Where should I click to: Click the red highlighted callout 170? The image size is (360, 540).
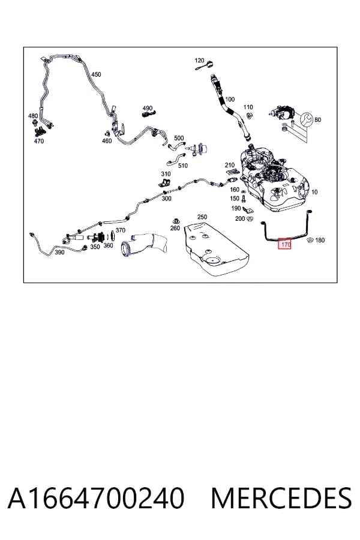[284, 244]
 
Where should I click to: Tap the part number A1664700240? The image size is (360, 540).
[96, 498]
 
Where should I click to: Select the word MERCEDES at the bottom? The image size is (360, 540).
[281, 498]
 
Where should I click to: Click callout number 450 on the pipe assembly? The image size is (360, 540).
[96, 74]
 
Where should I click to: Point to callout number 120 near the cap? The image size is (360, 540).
[199, 61]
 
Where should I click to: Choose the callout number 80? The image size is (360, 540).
[317, 119]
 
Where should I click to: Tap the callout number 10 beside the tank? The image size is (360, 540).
[314, 192]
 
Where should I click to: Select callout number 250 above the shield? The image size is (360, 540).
[202, 217]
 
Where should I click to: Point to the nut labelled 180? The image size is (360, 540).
[310, 239]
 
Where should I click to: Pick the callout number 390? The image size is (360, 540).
[59, 252]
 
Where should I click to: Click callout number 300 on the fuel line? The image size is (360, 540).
[166, 199]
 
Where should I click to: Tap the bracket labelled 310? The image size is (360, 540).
[166, 182]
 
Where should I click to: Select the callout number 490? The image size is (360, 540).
[148, 109]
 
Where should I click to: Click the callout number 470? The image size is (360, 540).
[39, 141]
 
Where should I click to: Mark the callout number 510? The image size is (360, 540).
[183, 166]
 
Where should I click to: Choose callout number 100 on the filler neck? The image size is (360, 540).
[230, 100]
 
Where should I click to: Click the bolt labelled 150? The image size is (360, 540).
[244, 199]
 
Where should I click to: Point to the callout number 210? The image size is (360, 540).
[229, 165]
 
